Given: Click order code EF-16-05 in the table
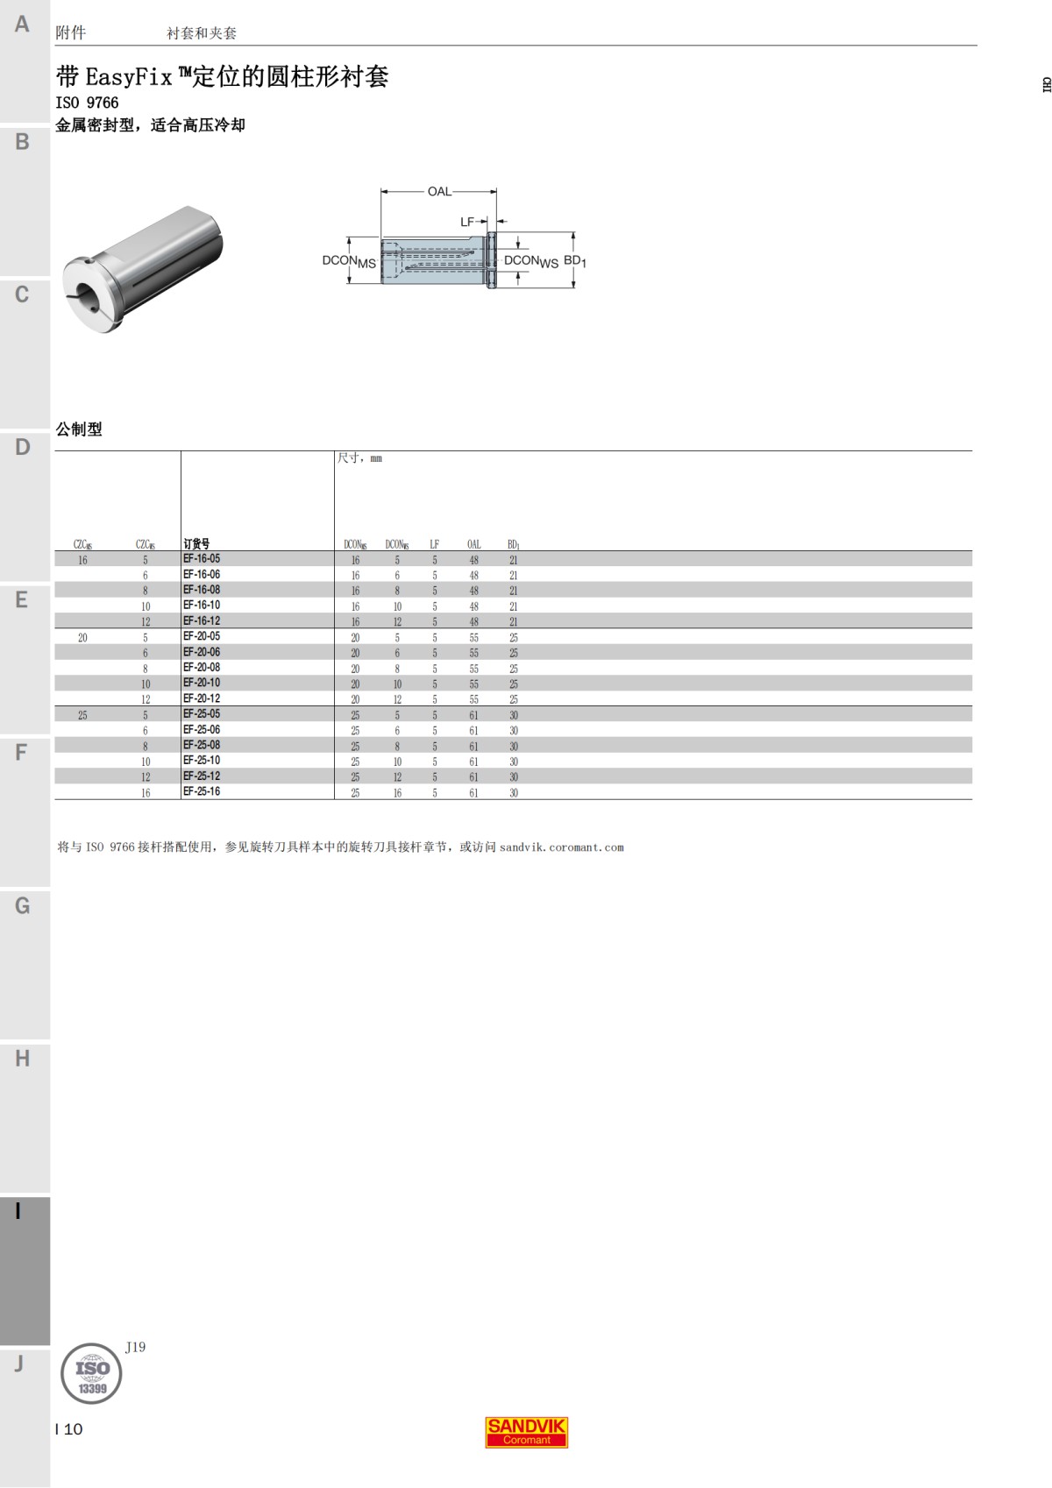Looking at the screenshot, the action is tap(202, 559).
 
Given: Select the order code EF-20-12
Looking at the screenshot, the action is tap(202, 698).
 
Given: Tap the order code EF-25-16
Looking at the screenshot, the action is tap(202, 791).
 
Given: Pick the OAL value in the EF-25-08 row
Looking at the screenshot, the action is tap(473, 746).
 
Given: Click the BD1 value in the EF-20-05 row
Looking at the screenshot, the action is tap(513, 638).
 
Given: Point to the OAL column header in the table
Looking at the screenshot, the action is tap(473, 544).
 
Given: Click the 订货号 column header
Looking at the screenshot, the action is tap(196, 543).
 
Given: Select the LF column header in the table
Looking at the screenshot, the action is tap(435, 544).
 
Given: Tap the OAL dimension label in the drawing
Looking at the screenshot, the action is tap(439, 191).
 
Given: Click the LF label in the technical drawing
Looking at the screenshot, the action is tap(467, 222).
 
